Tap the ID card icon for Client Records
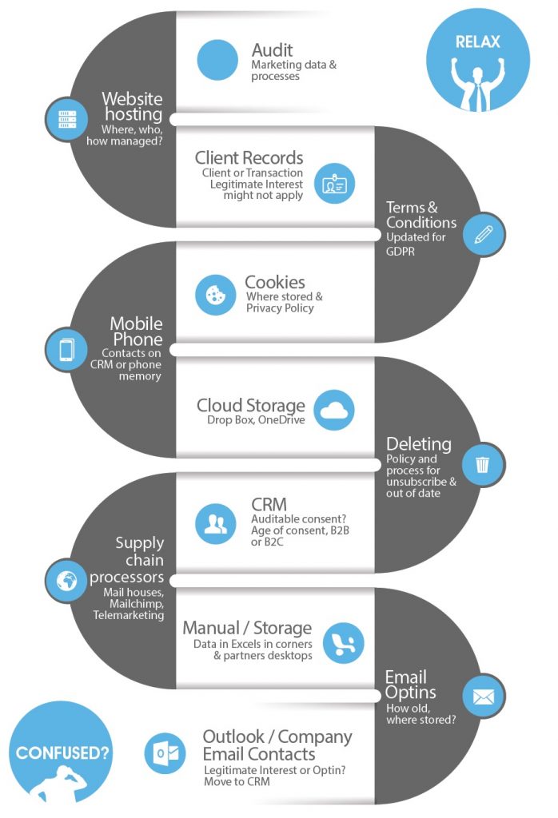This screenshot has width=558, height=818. tap(333, 185)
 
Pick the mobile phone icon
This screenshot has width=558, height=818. tap(66, 349)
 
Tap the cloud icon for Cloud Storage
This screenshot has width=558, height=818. tap(333, 411)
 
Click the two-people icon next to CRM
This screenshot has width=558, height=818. tap(215, 524)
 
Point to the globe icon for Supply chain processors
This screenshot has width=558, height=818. tap(66, 581)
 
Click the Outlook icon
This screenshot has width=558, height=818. tap(165, 753)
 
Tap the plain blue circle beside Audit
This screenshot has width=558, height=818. tap(217, 61)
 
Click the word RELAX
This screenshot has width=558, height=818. tap(477, 42)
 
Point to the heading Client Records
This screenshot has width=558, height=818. tap(249, 157)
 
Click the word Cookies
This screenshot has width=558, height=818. tap(274, 282)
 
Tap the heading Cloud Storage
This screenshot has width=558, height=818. tap(251, 405)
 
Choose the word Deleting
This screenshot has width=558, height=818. tap(418, 444)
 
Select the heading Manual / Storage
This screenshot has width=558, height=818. tap(247, 629)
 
